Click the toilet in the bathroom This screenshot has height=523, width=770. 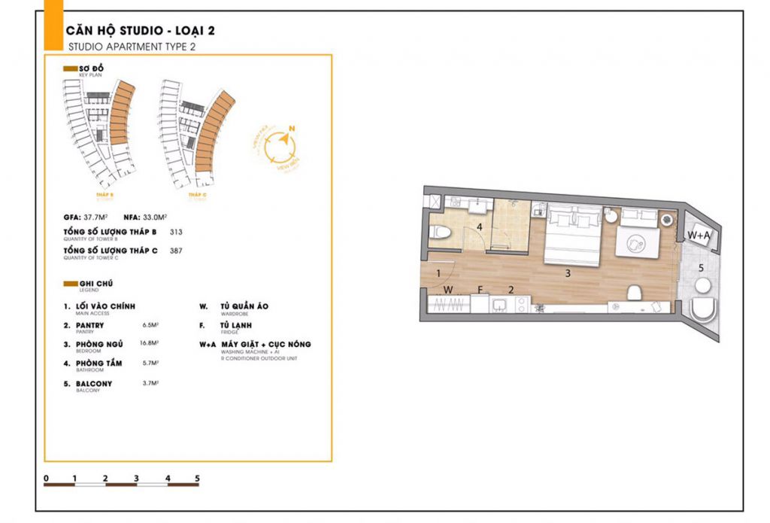[x=441, y=232]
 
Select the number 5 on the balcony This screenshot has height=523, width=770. [x=701, y=266]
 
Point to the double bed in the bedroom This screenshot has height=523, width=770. [x=571, y=236]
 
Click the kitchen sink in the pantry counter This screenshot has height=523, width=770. [x=498, y=304]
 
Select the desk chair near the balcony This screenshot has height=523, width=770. [x=633, y=292]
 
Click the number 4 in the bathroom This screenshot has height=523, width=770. [x=479, y=227]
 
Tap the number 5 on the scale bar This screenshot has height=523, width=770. [x=197, y=478]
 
